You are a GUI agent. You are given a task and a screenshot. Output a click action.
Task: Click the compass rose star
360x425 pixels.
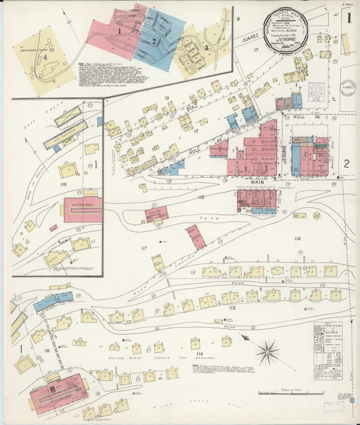(268, 348)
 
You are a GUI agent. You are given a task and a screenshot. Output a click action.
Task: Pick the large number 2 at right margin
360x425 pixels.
(346, 164)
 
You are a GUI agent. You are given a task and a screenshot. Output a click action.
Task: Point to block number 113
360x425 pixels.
(232, 308)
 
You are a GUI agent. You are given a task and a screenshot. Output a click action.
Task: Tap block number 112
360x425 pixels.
(296, 238)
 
